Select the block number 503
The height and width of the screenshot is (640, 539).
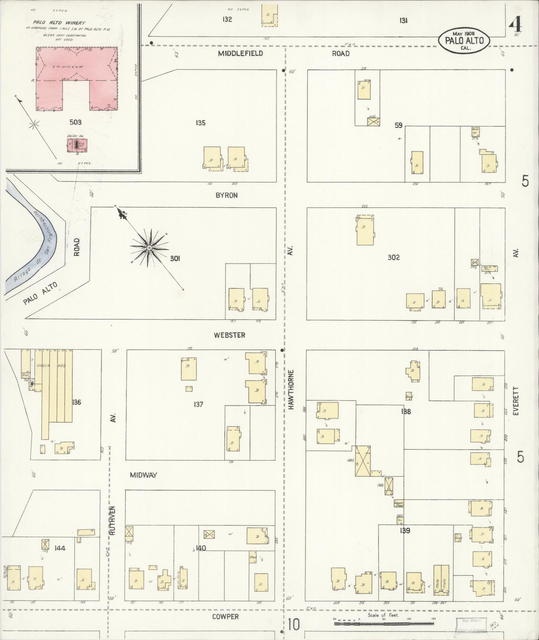[x=75, y=122]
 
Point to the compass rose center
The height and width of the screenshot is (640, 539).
[x=149, y=248]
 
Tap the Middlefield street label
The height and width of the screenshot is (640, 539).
[x=241, y=53]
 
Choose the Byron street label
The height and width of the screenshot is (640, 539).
[x=226, y=195]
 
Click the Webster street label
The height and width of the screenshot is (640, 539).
[x=229, y=335]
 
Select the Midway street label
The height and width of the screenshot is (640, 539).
[x=143, y=475]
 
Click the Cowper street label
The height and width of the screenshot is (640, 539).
[x=225, y=616]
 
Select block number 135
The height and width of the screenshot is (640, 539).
[x=201, y=123]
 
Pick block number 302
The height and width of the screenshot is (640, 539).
[x=394, y=257]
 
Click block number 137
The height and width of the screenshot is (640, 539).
[x=198, y=404]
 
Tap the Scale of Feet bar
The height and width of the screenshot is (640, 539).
[x=384, y=624]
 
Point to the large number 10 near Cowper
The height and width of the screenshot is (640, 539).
[x=294, y=624]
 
